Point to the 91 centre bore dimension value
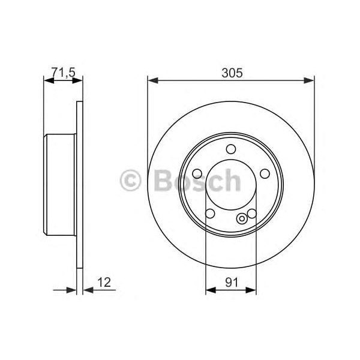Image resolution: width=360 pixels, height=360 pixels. tap(231, 280)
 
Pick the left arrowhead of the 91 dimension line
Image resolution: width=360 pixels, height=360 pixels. tap(209, 290)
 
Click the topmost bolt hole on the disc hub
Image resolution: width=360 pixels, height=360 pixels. tap(231, 150)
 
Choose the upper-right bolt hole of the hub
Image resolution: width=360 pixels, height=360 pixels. tap(263, 173)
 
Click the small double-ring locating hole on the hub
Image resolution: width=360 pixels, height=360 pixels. tap(242, 218)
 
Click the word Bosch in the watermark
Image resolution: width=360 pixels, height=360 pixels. tap(196, 180)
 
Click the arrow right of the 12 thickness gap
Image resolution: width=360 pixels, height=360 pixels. tap(88, 290)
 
